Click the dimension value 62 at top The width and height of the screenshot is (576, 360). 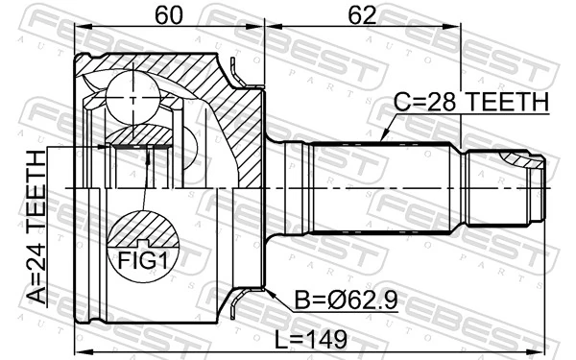[362, 14]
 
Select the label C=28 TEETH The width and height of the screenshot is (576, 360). [470, 102]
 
